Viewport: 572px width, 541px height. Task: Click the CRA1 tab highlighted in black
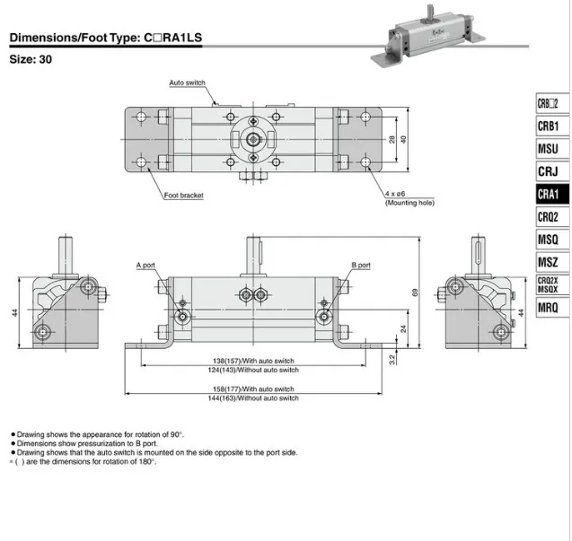pyautogui.click(x=552, y=194)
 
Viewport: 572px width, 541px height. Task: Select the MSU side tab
pyautogui.click(x=552, y=149)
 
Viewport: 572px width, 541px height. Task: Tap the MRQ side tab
pyautogui.click(x=552, y=308)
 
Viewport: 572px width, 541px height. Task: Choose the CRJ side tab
pyautogui.click(x=552, y=171)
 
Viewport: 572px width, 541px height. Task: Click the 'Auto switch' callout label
pyautogui.click(x=187, y=83)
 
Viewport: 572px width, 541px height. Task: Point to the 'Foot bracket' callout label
pyautogui.click(x=183, y=196)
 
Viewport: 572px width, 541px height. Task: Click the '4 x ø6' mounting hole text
pyautogui.click(x=395, y=194)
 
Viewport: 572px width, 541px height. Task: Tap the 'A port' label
pyautogui.click(x=145, y=265)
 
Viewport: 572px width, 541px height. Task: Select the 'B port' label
pyautogui.click(x=361, y=265)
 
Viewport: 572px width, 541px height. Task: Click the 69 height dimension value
pyautogui.click(x=415, y=292)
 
